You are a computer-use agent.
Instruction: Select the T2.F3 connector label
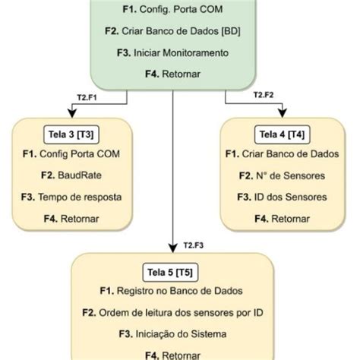coord(196,245)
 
